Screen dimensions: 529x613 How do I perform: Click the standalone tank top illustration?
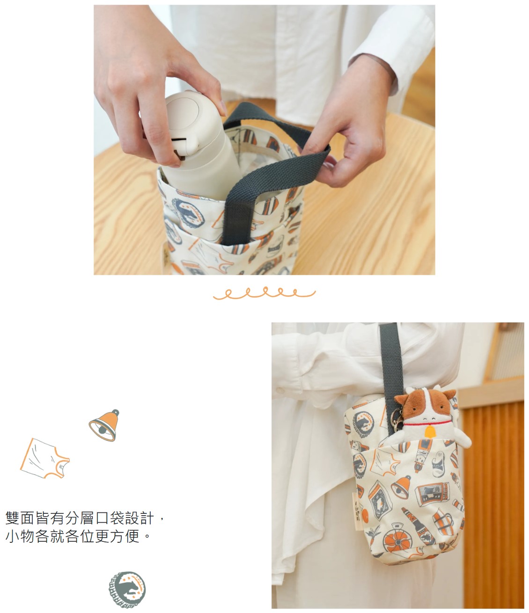(x=45, y=459)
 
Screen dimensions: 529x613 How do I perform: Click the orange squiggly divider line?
(x=264, y=293)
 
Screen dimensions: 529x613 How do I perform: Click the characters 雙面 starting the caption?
(x=20, y=526)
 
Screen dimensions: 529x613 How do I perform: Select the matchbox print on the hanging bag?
(x=433, y=494)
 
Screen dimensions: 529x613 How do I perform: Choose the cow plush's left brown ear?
(x=402, y=399)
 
